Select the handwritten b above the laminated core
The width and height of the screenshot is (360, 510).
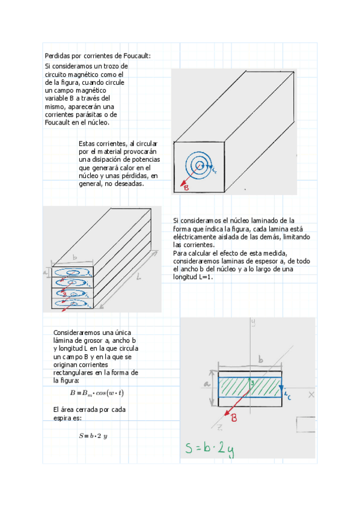tap(75, 257)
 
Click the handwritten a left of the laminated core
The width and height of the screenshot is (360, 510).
tap(46, 272)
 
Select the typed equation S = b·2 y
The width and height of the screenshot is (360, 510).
tap(93, 435)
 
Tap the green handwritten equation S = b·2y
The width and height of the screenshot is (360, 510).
tap(209, 449)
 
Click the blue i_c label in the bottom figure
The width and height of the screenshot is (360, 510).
tap(287, 395)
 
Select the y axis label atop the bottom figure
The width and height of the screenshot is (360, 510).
tap(253, 322)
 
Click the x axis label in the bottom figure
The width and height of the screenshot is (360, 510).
tap(311, 395)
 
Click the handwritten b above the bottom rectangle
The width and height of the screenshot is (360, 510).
tap(260, 359)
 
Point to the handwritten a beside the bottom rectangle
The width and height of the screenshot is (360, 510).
tap(206, 384)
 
